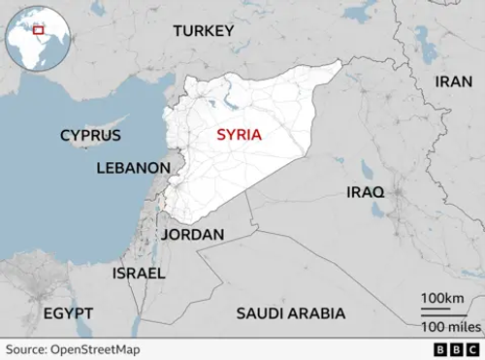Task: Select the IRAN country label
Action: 452,82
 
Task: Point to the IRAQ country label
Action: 366,192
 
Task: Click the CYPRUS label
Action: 90,136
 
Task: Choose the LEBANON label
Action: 133,168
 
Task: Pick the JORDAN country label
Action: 193,235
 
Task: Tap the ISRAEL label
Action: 139,274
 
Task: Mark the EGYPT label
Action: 68,313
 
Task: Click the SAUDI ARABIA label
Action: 291,313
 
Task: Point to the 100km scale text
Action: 441,297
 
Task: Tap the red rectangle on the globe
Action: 39,30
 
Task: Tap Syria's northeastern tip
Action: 339,63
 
